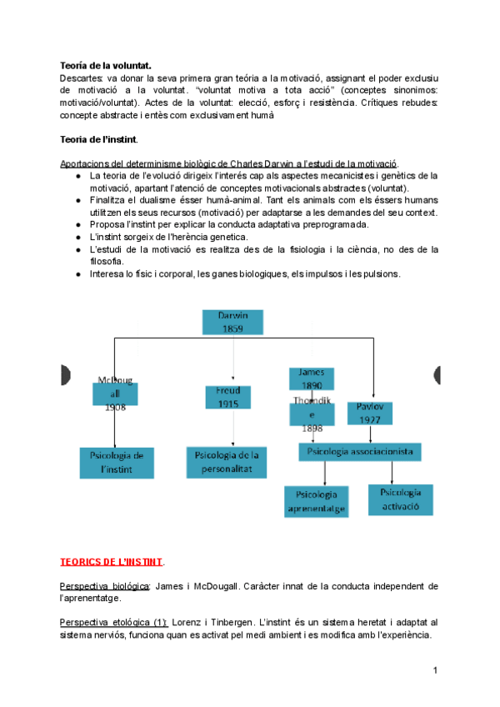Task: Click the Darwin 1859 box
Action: coord(232,323)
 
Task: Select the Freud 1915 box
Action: coord(228,397)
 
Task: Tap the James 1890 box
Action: coord(312,379)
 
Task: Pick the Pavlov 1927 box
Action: coord(369,412)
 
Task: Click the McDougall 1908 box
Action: coord(115,394)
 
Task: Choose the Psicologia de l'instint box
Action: coord(117,463)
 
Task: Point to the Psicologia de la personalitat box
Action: coord(227,462)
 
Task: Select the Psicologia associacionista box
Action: coord(360,452)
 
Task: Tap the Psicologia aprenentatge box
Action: coord(316,499)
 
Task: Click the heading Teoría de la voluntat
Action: coord(105,65)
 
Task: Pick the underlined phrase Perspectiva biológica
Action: coord(105,586)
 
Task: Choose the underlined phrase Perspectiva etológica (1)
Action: coord(114,622)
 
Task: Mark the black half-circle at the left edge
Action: coord(64,377)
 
